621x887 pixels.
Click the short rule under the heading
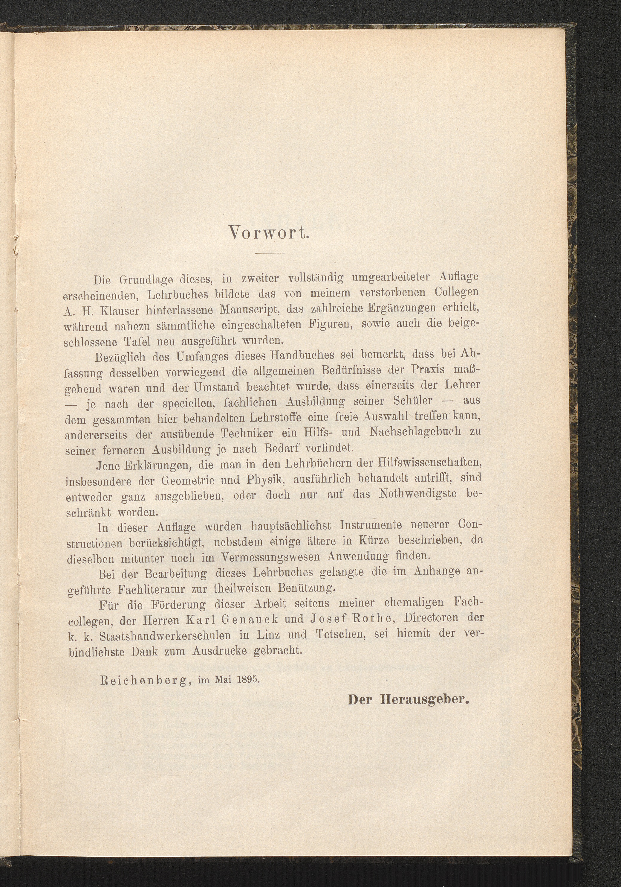[269, 253]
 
